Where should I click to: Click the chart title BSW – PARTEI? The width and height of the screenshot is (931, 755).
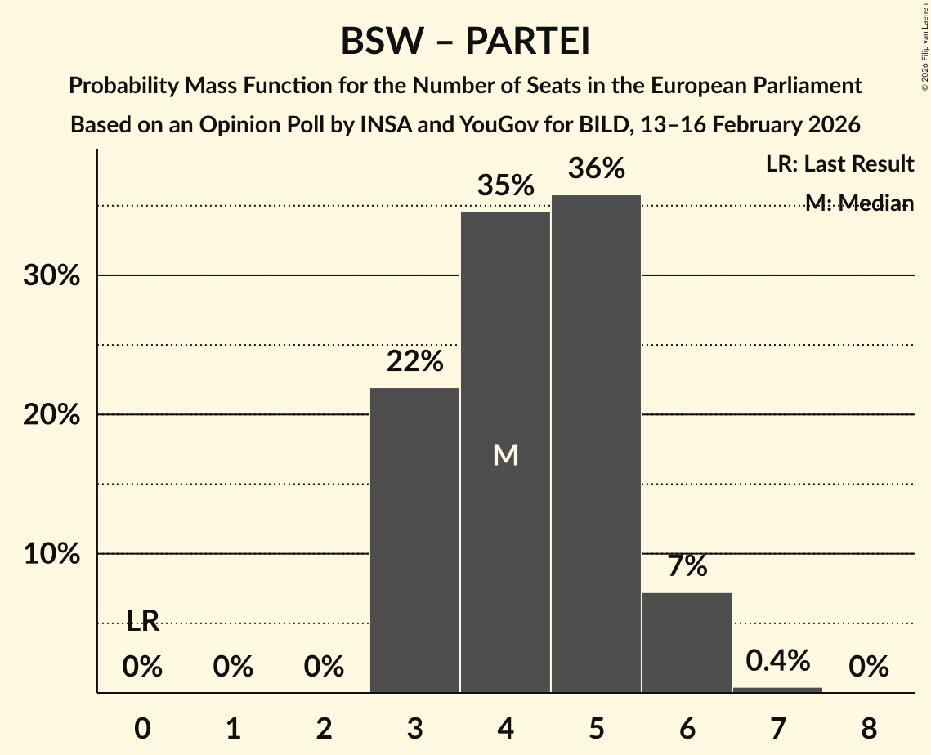pos(465,41)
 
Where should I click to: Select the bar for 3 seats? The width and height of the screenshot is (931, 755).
pos(414,539)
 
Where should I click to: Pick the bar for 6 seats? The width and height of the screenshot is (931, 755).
pos(687,642)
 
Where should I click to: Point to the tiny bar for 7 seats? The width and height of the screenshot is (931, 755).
pos(777,690)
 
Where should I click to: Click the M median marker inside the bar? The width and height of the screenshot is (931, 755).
pos(505,455)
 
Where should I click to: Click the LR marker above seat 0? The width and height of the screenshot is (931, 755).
pos(142,622)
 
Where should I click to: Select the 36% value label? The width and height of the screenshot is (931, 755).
pos(596,169)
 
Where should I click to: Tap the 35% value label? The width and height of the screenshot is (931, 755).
pos(505,186)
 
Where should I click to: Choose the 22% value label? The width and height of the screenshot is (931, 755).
pos(414,360)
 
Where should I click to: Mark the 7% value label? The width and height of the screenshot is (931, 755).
pos(687,566)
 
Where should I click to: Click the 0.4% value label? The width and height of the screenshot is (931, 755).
pos(777,661)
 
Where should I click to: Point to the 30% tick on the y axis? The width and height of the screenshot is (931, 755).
pos(51,276)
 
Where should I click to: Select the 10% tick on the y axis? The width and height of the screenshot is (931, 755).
pos(51,554)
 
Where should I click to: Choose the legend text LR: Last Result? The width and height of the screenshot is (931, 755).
pos(839,164)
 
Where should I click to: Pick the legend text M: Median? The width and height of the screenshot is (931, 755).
pos(858,203)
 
